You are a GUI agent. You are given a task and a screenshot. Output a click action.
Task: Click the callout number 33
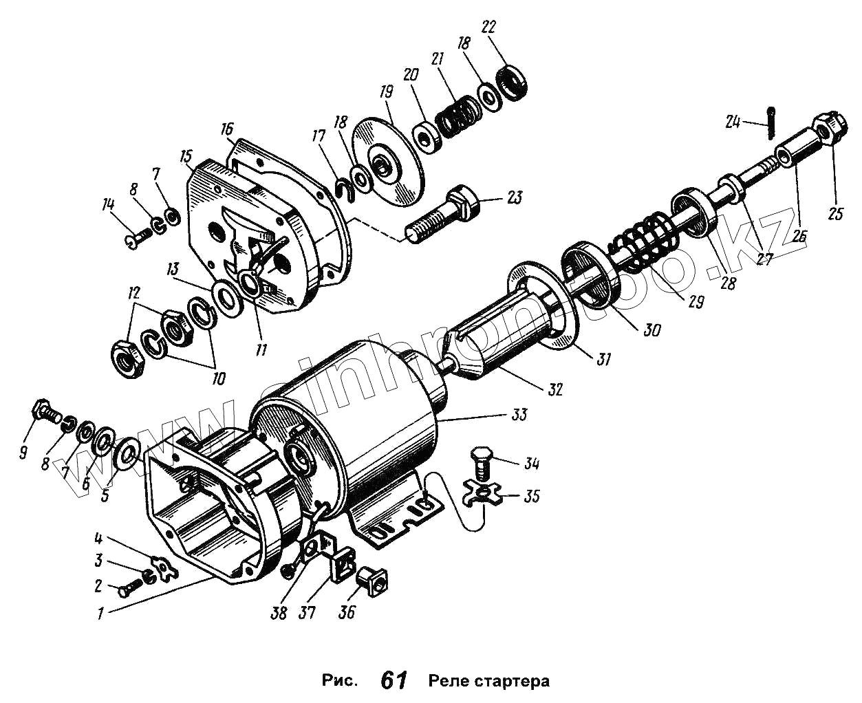[x=519, y=414]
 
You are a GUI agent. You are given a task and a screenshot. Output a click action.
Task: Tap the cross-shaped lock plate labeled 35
[x=482, y=495]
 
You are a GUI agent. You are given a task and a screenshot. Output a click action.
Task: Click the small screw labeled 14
[x=139, y=238]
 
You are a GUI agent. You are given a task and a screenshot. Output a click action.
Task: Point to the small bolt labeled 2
[x=128, y=588]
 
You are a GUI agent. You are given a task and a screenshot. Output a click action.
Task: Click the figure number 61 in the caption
[x=394, y=681]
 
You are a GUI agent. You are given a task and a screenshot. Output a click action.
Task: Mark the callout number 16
[x=228, y=129]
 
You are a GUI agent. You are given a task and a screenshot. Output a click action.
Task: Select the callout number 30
[x=652, y=330]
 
